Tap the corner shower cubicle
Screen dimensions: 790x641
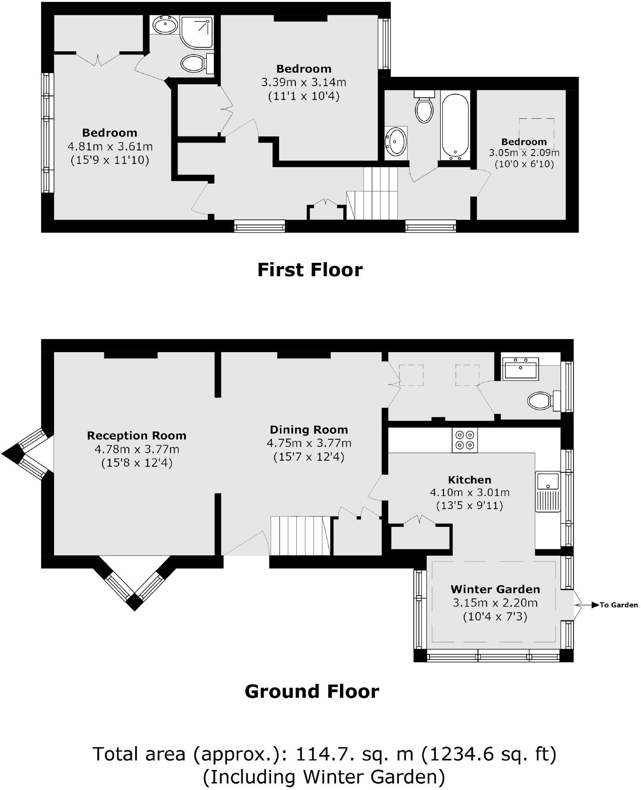197,32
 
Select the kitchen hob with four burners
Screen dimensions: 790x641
464,440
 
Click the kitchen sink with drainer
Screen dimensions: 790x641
548,492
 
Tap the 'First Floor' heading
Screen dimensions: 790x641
310,270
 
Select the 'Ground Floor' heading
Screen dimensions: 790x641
312,691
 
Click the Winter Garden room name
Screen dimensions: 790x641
495,589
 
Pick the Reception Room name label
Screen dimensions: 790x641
136,436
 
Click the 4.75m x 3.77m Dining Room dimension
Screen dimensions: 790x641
309,443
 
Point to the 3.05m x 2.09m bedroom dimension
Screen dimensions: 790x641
524,153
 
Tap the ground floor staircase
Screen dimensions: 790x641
300,536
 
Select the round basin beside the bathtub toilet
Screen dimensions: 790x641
396,141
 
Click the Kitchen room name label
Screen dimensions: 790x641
470,480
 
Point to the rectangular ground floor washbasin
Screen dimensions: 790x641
521,369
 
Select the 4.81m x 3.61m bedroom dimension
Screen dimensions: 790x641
110,147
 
